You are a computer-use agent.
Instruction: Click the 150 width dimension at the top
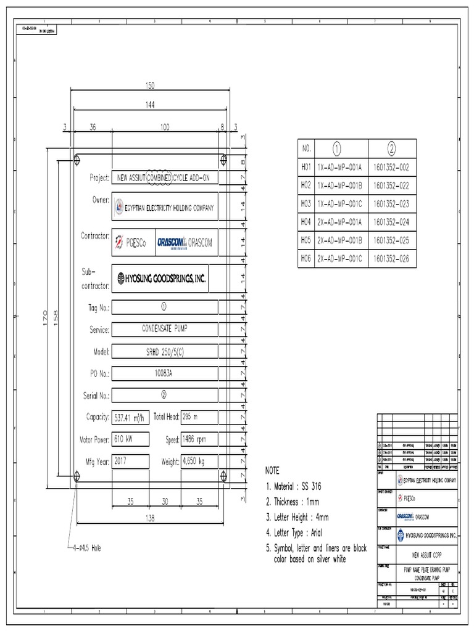(x=149, y=85)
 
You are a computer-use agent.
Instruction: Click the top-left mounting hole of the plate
(x=77, y=160)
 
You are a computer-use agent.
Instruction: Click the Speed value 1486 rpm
(x=197, y=439)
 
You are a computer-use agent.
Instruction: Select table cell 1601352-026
(x=392, y=258)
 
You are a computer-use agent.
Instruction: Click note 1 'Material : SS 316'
(x=293, y=487)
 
